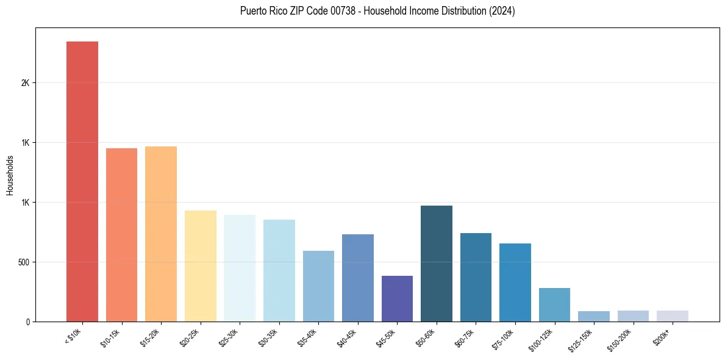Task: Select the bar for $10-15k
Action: click(x=121, y=235)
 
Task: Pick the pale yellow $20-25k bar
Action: click(x=200, y=266)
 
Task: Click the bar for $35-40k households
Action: click(x=318, y=286)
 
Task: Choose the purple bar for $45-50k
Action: click(x=397, y=298)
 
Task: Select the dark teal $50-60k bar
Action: click(x=437, y=264)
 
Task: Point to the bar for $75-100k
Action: click(x=515, y=283)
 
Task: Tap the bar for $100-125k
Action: click(x=554, y=304)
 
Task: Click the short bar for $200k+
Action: click(x=673, y=316)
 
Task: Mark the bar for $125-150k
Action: click(x=594, y=316)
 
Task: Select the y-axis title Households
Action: click(x=10, y=175)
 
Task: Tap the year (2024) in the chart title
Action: click(x=501, y=11)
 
